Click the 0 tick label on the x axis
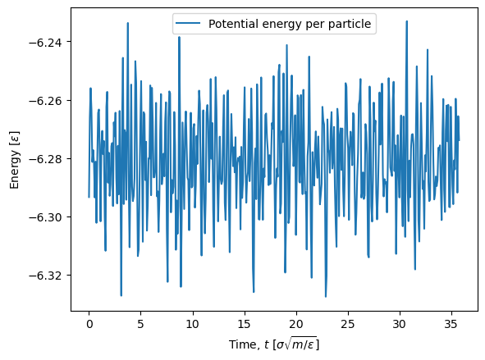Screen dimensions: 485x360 [x=89, y=324]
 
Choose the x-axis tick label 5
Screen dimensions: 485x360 [x=140, y=324]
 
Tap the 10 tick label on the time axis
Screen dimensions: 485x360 [x=192, y=324]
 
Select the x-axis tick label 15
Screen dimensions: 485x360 [x=244, y=324]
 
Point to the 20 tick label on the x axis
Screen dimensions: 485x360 [x=296, y=324]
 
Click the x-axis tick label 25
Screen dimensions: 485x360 [x=348, y=324]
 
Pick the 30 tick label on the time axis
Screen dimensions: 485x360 [x=400, y=324]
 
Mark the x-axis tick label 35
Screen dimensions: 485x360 [x=451, y=324]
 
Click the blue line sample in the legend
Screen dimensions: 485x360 [x=188, y=23]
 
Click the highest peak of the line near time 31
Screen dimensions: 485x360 [x=407, y=21]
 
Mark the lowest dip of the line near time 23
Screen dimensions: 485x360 [x=326, y=297]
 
